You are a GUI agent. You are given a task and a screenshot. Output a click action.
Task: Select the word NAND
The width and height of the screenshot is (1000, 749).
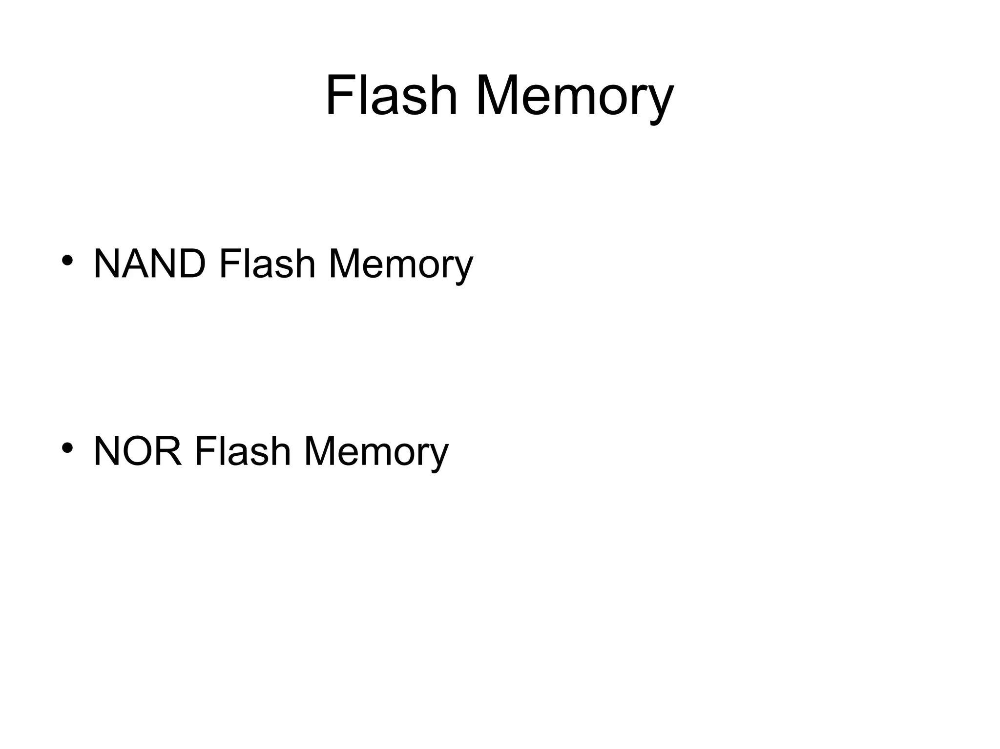pyautogui.click(x=149, y=264)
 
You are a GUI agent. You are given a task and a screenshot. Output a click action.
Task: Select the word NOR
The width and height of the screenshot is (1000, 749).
pyautogui.click(x=138, y=451)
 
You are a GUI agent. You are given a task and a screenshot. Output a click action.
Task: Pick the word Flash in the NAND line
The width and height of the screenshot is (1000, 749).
pyautogui.click(x=267, y=264)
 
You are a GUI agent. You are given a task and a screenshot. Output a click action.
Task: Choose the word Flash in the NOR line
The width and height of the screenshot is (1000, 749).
pyautogui.click(x=242, y=451)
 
